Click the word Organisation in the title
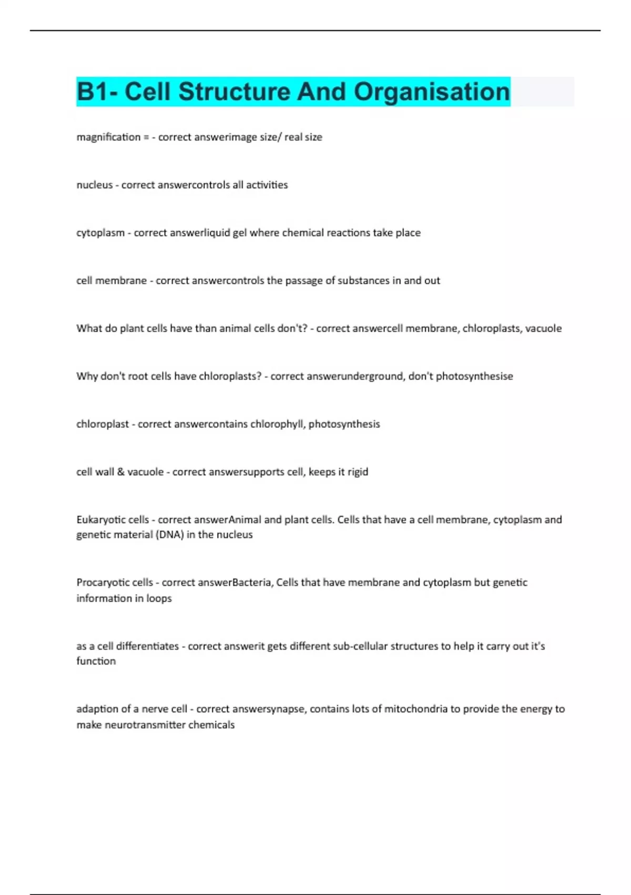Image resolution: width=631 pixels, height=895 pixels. pos(432,92)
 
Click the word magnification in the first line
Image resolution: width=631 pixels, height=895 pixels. pos(108,137)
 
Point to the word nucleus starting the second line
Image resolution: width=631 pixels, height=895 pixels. pos(95,185)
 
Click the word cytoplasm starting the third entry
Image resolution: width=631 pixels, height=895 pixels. pos(100,233)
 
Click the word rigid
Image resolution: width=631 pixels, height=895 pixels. pos(358,472)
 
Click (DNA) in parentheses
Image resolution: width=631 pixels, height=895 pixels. pos(169,535)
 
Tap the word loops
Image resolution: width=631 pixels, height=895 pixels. pos(159,599)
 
